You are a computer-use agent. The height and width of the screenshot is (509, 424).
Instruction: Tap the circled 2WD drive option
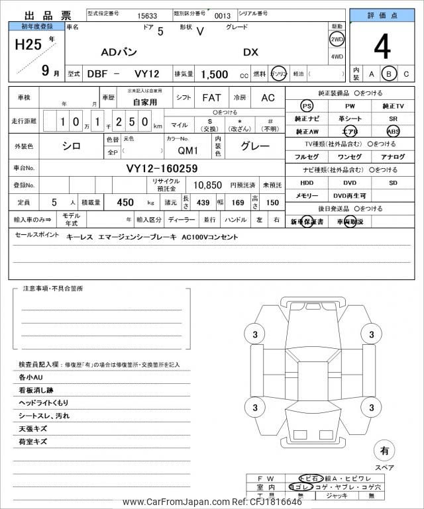coord(337,39)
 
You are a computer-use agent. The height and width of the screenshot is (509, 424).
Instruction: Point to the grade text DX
coord(251,52)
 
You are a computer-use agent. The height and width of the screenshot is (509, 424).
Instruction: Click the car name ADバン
coord(120,52)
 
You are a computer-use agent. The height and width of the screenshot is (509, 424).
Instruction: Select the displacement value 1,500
coord(215,73)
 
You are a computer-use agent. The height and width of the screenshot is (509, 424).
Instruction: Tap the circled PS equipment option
coord(306,106)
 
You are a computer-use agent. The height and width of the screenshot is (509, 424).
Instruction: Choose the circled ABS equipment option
coord(393,131)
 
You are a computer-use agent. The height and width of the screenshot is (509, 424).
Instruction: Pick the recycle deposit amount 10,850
coord(207,185)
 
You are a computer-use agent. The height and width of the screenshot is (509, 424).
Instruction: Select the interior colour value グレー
coord(255,146)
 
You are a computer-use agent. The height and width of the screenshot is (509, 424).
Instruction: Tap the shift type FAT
coord(211,97)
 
